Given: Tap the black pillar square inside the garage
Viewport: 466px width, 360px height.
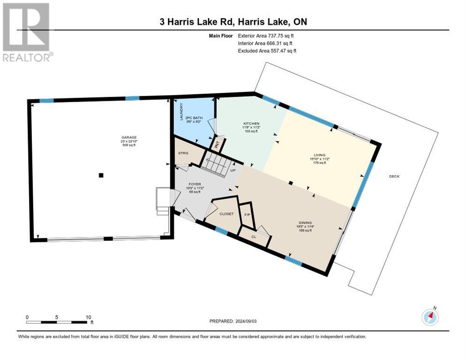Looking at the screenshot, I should (x=101, y=175).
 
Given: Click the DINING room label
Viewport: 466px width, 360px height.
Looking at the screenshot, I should (x=306, y=223).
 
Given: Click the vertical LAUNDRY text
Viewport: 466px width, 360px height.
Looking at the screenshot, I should (x=179, y=112).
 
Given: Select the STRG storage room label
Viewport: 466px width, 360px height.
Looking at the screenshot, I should (x=183, y=153).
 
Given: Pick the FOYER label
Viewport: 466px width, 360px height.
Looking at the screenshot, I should (x=195, y=184).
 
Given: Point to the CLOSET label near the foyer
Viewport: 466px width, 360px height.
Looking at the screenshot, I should (x=226, y=214).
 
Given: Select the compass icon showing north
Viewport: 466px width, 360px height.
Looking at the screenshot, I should (x=430, y=317).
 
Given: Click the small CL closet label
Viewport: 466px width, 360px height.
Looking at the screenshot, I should (x=254, y=237).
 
